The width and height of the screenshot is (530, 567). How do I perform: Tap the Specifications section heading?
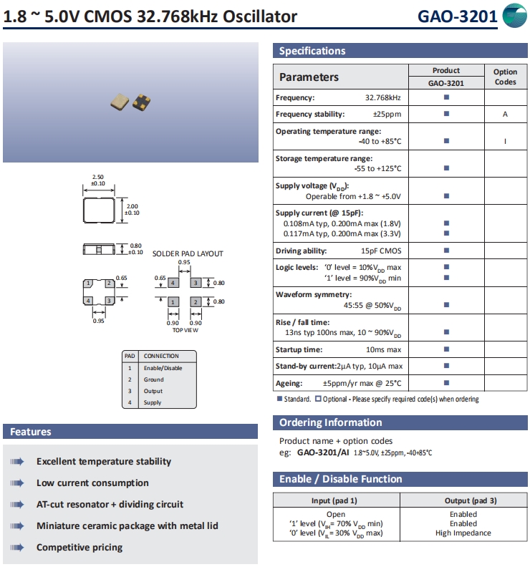[312, 51]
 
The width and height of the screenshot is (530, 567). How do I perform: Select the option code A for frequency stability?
[505, 115]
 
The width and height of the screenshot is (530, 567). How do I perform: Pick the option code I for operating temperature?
[505, 141]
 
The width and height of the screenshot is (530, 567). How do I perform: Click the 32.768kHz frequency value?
[383, 97]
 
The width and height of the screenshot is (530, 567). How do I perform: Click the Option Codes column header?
[505, 77]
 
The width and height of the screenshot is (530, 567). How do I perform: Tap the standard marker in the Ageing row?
[446, 384]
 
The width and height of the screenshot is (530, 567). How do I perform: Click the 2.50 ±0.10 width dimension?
[99, 180]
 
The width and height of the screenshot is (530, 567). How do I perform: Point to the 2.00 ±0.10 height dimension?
[132, 210]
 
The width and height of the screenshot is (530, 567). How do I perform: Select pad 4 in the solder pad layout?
[173, 283]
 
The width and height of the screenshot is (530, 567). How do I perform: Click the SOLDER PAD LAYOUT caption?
[188, 253]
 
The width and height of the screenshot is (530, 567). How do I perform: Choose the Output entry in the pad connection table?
[153, 391]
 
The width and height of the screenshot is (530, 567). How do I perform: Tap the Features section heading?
[31, 432]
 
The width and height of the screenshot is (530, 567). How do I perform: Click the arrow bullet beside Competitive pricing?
[17, 548]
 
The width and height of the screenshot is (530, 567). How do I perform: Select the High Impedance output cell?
[463, 533]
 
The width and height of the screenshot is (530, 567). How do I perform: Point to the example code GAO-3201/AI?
[324, 452]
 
